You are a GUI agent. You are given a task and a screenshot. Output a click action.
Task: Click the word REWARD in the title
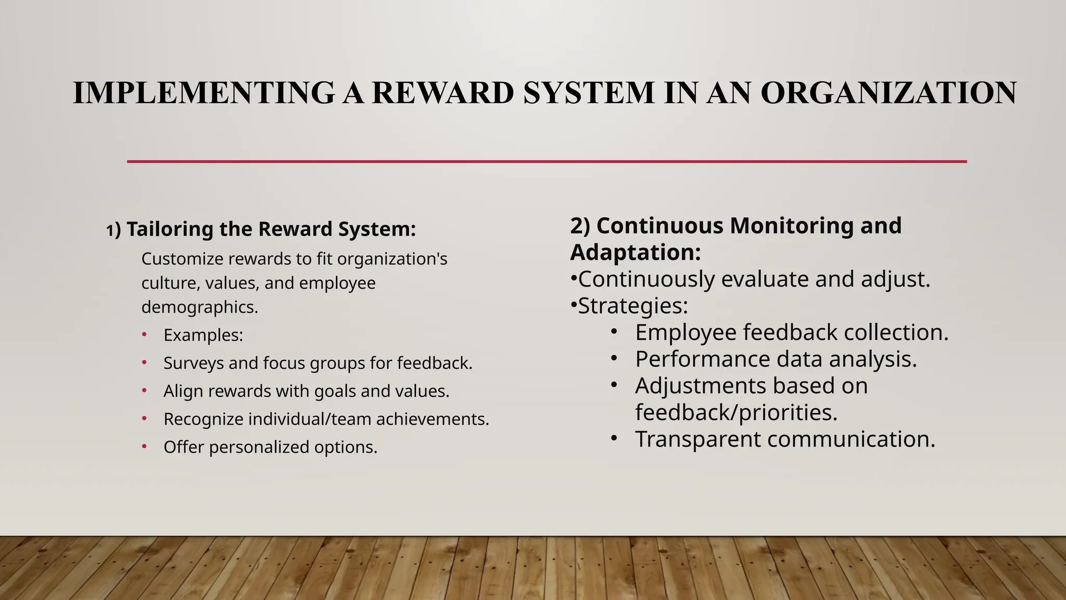pyautogui.click(x=442, y=93)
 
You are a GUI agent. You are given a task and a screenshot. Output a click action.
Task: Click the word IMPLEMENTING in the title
pyautogui.click(x=203, y=93)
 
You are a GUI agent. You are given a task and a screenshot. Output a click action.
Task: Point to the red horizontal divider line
pyautogui.click(x=547, y=161)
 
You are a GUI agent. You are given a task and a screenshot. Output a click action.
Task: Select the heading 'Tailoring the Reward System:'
pyautogui.click(x=271, y=229)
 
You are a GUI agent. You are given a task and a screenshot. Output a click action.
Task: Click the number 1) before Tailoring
pyautogui.click(x=113, y=230)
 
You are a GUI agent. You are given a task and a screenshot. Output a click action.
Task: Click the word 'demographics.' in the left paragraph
pyautogui.click(x=199, y=307)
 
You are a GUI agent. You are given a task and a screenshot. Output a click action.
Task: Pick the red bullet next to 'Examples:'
pyautogui.click(x=144, y=334)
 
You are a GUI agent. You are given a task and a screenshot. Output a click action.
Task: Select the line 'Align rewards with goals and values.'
pyautogui.click(x=306, y=391)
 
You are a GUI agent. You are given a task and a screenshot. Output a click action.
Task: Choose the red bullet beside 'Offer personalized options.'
pyautogui.click(x=144, y=446)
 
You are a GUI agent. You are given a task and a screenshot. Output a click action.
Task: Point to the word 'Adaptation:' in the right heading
pyautogui.click(x=635, y=253)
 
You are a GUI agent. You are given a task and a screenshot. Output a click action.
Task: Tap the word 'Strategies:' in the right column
pyautogui.click(x=633, y=306)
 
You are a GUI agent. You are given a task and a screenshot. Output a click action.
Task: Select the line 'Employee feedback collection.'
pyautogui.click(x=791, y=332)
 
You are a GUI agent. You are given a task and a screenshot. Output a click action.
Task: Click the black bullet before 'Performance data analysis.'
pyautogui.click(x=614, y=358)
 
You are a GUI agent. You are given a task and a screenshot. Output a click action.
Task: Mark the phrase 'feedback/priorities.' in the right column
pyautogui.click(x=736, y=413)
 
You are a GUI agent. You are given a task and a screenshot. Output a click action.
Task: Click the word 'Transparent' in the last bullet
pyautogui.click(x=697, y=439)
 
